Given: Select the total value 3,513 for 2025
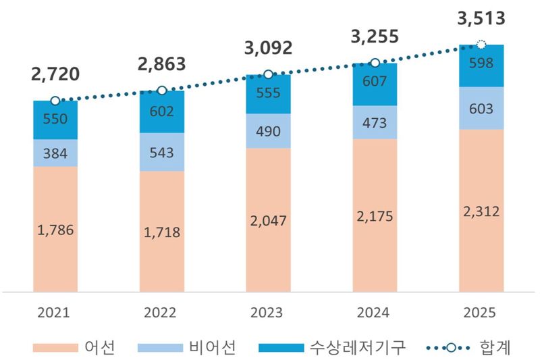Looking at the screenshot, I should (x=481, y=19).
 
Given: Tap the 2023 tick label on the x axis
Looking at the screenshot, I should (x=267, y=313).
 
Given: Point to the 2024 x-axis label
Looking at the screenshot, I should (x=374, y=313).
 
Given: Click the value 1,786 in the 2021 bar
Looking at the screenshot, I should (x=55, y=229).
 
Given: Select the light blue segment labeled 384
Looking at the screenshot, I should (x=55, y=153).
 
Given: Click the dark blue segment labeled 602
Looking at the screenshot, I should (x=161, y=112).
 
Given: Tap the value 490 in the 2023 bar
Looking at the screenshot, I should (x=267, y=131).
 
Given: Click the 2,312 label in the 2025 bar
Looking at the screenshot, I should (x=481, y=211).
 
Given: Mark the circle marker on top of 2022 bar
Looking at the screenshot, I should (x=161, y=91).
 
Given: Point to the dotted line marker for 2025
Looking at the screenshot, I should (x=481, y=45).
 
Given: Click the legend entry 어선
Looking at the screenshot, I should (x=101, y=348).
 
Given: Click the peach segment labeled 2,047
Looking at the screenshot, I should (x=267, y=220).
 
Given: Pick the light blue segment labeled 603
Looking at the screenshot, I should (x=481, y=109).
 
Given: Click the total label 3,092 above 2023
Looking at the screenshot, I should (x=267, y=49).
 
